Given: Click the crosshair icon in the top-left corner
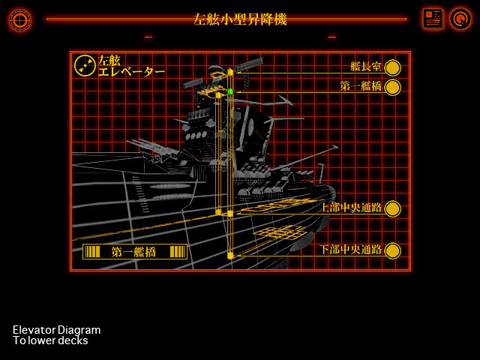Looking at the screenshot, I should point(19,19).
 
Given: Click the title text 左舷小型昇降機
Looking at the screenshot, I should point(239,19).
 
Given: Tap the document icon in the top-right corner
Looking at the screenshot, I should point(433,19).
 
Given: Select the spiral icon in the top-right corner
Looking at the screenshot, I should point(460,19).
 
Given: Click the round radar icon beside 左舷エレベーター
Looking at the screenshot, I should point(85,66).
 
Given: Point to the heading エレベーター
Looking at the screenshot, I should point(131,72).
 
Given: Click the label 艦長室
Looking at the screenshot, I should point(365,67).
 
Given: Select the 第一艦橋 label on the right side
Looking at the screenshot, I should point(360,86).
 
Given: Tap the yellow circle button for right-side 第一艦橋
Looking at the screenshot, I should point(392,87).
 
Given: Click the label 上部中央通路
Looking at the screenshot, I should point(351,208).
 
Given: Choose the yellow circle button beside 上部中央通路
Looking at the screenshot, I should point(392,208).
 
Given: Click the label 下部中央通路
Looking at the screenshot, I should point(351,250).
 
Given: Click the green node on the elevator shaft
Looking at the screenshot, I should point(230,91).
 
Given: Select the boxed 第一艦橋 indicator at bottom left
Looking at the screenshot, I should point(134,252).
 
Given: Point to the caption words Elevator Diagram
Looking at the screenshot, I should point(56,330).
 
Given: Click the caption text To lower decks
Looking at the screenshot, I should point(50,340).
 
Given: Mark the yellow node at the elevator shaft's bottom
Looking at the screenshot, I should point(230,256).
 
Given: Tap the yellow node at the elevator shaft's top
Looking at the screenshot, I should point(230,73).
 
